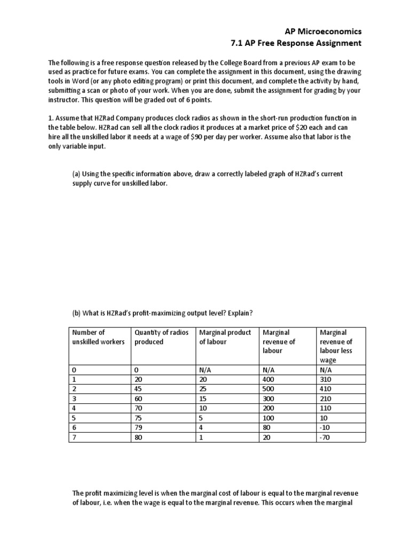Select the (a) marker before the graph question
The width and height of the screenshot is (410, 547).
click(x=76, y=174)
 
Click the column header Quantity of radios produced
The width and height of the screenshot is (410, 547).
click(x=162, y=337)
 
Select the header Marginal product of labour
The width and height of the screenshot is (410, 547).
click(x=225, y=337)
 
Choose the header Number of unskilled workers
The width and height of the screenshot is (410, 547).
click(x=98, y=337)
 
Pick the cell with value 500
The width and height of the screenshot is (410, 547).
click(x=268, y=388)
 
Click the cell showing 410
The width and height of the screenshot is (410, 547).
click(x=326, y=388)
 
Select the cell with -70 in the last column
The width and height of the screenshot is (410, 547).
click(x=325, y=437)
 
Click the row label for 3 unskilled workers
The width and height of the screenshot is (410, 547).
click(x=73, y=398)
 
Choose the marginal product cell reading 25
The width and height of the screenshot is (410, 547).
click(x=203, y=388)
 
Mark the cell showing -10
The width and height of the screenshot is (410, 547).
click(x=325, y=427)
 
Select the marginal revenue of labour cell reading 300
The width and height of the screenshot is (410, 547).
click(x=268, y=398)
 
